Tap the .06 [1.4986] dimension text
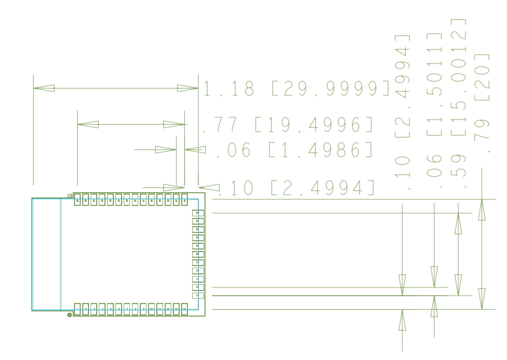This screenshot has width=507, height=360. coord(294,150)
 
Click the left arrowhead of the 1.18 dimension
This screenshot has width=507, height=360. coord(44,88)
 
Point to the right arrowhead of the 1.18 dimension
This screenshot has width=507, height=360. coord(187,88)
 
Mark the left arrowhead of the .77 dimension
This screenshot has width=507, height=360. coord(88,124)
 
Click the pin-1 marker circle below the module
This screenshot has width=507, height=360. coord(70,315)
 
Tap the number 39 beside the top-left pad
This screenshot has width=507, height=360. coord(70,196)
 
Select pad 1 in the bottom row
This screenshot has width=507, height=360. coord(78,309)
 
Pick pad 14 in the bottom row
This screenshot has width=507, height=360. coord(184,309)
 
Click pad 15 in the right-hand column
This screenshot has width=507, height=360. coord(198,295)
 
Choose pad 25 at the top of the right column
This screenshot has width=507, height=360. coord(198,213)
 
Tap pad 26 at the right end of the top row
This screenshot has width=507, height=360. coord(184,200)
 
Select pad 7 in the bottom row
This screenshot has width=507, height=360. coord(127,309)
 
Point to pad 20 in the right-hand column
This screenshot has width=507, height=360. coord(198,254)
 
